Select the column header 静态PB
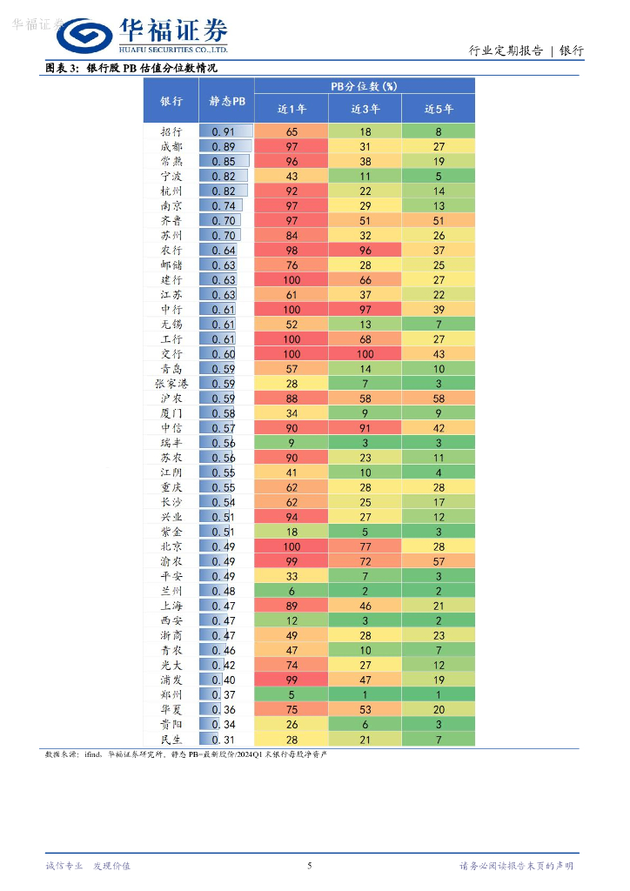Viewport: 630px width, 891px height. (x=226, y=101)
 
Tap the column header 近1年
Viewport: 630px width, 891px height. (x=292, y=109)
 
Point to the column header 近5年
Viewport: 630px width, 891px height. (x=439, y=109)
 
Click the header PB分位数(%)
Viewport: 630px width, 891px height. (x=365, y=86)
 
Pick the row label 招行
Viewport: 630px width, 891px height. (x=171, y=131)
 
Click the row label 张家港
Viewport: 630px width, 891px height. (x=171, y=384)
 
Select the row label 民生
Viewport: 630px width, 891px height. (x=171, y=740)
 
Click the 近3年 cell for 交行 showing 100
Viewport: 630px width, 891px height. (x=365, y=354)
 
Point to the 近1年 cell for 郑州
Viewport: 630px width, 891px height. (x=292, y=695)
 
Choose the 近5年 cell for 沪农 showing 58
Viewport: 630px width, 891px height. (x=439, y=399)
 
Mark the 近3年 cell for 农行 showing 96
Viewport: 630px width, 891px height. (x=365, y=251)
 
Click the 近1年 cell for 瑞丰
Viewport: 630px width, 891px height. (x=292, y=443)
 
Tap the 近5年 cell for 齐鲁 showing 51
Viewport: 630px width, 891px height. (x=439, y=221)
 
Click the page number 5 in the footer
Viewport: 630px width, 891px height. (x=310, y=866)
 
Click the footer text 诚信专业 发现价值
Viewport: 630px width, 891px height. (x=88, y=866)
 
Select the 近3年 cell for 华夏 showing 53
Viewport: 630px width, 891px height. (x=365, y=710)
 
